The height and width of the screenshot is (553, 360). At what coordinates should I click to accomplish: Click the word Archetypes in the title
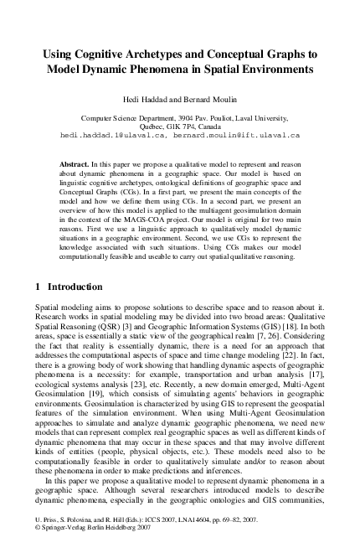pos(146,53)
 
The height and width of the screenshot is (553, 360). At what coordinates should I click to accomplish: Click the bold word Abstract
pos(77,157)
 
